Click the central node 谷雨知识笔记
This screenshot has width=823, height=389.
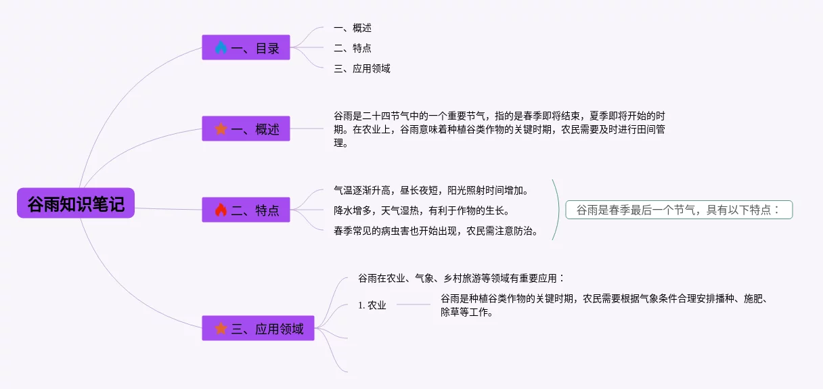point(76,203)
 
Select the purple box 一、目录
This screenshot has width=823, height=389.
point(246,48)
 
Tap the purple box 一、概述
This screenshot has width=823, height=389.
point(246,129)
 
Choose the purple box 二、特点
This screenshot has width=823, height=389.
point(246,210)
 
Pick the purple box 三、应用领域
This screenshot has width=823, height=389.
point(258,329)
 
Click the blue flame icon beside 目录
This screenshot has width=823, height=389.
point(221,48)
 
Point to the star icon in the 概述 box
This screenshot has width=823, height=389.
point(221,129)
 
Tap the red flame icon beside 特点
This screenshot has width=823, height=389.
point(221,210)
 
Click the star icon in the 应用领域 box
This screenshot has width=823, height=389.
point(221,329)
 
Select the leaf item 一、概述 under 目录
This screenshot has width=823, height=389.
point(353,28)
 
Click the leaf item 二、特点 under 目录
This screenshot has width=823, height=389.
point(353,48)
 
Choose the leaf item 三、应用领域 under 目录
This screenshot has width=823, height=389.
point(362,68)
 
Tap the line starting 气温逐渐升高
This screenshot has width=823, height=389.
point(432,190)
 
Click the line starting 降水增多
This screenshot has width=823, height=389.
point(422,210)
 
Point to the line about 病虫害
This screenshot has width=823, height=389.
point(437,231)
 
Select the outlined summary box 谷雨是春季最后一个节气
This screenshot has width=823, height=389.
point(679,210)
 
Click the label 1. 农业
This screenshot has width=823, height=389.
point(372,305)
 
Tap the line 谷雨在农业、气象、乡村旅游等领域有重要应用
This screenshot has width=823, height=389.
point(461,278)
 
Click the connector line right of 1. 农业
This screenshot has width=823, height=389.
point(413,304)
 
